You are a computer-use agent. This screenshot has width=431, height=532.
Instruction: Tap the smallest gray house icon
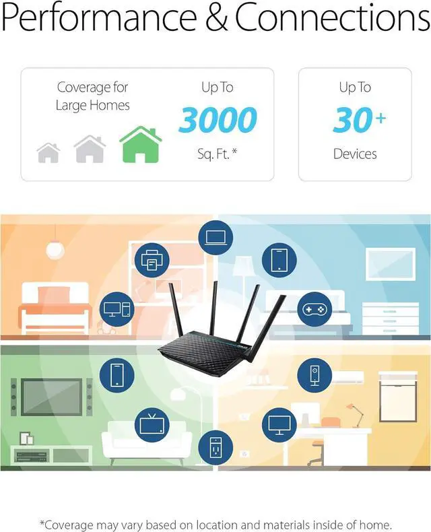click(x=48, y=152)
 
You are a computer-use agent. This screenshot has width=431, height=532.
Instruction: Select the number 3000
click(x=218, y=120)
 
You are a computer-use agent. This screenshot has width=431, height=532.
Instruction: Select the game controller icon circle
click(x=314, y=308)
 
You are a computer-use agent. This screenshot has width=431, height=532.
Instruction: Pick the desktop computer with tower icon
click(x=118, y=309)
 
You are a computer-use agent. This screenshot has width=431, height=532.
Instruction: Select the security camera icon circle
click(x=314, y=374)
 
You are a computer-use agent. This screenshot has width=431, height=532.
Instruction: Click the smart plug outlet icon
click(x=215, y=446)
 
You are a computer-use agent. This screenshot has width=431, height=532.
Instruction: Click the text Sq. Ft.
click(x=217, y=154)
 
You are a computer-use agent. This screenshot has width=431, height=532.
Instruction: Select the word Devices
click(x=355, y=154)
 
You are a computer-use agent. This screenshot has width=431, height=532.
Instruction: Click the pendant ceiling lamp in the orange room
click(x=55, y=248)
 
